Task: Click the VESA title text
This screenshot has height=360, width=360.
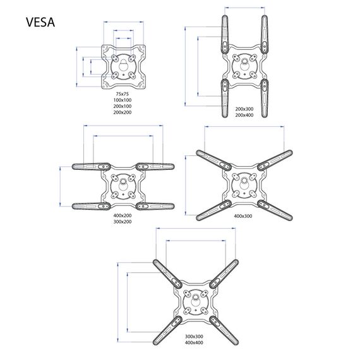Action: pyautogui.click(x=40, y=22)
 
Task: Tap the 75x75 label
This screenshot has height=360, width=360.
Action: pyautogui.click(x=123, y=93)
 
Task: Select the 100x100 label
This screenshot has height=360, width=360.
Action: pyautogui.click(x=123, y=100)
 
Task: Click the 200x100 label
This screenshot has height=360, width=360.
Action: pyautogui.click(x=123, y=106)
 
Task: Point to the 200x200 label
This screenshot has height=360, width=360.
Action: pyautogui.click(x=123, y=112)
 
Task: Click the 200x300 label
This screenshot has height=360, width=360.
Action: pyautogui.click(x=244, y=109)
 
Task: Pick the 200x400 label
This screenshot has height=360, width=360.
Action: pyautogui.click(x=244, y=115)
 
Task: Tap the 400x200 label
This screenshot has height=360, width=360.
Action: pyautogui.click(x=123, y=215)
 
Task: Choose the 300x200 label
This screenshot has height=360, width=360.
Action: pyautogui.click(x=123, y=222)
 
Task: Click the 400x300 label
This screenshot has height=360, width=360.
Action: pyautogui.click(x=243, y=216)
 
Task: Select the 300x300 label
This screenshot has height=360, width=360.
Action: pyautogui.click(x=194, y=337)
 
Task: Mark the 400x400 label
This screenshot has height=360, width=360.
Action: pyautogui.click(x=194, y=342)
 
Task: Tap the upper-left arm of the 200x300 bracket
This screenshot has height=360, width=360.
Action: pyautogui.click(x=225, y=35)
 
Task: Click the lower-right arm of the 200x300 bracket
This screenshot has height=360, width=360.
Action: pyautogui.click(x=265, y=99)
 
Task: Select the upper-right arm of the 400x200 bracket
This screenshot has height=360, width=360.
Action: pyautogui.click(x=155, y=167)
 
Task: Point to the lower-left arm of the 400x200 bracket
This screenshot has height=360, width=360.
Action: pyautogui.click(x=91, y=206)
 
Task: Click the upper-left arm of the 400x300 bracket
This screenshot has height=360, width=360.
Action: pyautogui.click(x=213, y=160)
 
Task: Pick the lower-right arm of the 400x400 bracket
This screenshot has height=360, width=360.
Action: pyautogui.click(x=224, y=330)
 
